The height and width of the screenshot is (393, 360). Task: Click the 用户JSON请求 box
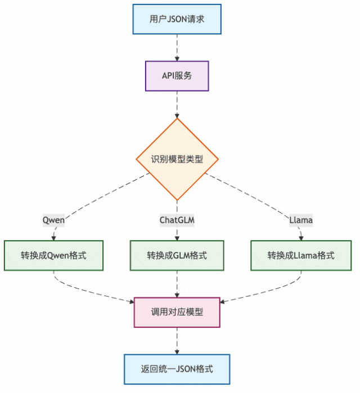(x=177, y=19)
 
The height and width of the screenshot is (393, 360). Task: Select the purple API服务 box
(x=177, y=75)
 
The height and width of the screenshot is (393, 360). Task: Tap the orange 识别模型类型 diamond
(x=177, y=159)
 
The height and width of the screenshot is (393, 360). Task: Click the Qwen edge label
(x=54, y=220)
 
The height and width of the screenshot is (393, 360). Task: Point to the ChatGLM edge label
(x=177, y=220)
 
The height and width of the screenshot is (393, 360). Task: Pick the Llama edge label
(x=300, y=220)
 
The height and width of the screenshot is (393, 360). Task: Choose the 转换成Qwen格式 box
(x=54, y=255)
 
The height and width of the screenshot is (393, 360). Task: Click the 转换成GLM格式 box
(x=177, y=255)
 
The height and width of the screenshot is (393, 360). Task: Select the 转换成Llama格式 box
(x=300, y=255)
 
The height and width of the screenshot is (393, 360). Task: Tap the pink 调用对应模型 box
(x=177, y=313)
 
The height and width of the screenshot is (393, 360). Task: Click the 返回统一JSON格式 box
(x=177, y=369)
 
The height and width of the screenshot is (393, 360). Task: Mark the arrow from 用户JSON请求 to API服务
(x=177, y=47)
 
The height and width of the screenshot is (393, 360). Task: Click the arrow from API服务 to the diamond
(x=177, y=105)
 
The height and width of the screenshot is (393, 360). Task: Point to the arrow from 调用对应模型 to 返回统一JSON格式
(x=177, y=341)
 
